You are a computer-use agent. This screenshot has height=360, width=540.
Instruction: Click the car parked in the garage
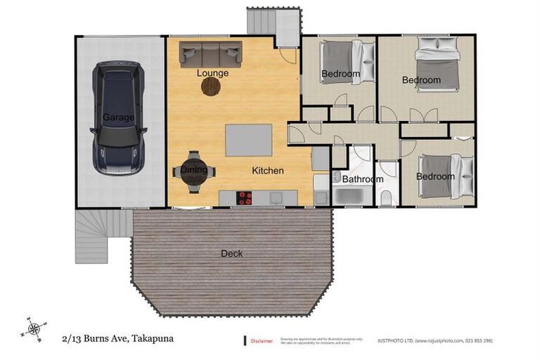(119, 117)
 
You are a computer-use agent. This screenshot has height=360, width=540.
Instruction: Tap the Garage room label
(118, 117)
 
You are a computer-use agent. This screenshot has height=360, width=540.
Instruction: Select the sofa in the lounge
(210, 53)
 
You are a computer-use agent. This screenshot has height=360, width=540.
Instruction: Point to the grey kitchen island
(248, 140)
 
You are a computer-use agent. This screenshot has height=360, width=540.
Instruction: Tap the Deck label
(232, 253)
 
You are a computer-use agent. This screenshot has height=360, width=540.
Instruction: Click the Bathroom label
(363, 179)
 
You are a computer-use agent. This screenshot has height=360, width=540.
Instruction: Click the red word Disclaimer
(262, 341)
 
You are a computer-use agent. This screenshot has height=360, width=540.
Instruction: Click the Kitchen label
(268, 170)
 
